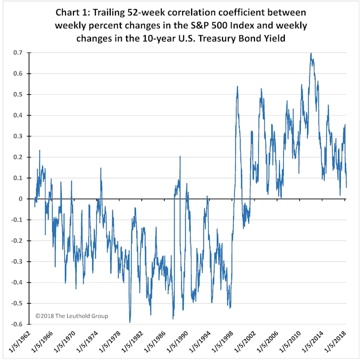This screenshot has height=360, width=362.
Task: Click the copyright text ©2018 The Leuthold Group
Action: [71, 316]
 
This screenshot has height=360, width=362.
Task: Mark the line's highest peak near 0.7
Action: [311, 53]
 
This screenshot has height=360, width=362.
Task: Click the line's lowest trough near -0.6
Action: [130, 322]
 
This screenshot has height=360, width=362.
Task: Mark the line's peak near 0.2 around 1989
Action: [180, 157]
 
